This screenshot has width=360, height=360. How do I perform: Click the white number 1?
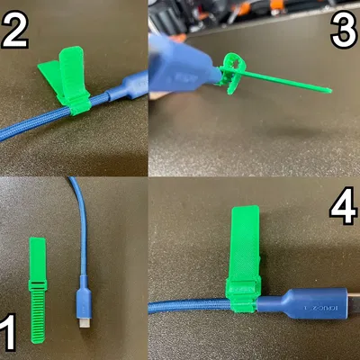(10, 328)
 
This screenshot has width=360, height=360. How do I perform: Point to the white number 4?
(343, 209)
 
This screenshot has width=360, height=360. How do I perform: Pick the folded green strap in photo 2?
(65, 76)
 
